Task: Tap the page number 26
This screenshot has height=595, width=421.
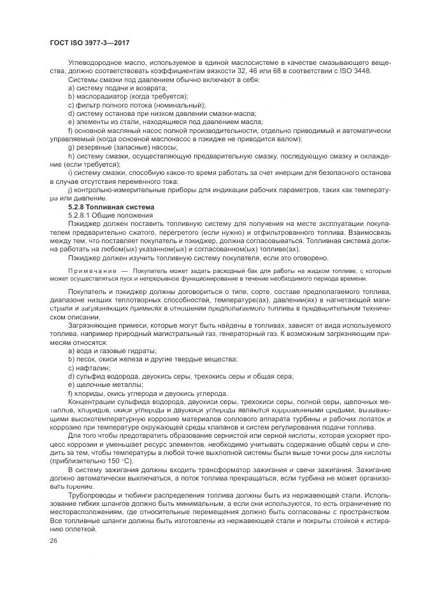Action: point(53,541)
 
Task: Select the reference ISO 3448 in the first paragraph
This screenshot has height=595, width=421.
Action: point(353,71)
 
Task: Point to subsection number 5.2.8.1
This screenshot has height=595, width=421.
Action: point(83,216)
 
